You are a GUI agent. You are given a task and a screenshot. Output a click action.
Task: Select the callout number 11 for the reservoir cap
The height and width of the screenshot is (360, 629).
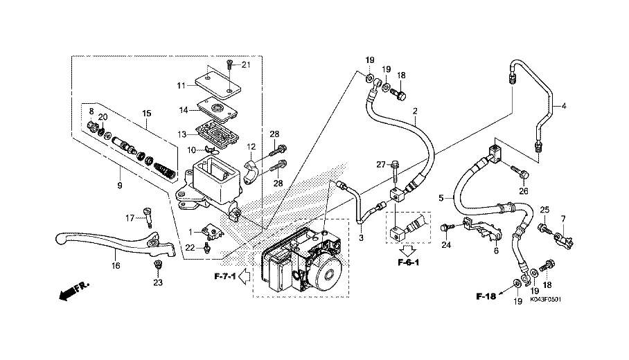point(180,86)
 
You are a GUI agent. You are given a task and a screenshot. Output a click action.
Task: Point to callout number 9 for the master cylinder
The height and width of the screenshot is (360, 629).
point(119,186)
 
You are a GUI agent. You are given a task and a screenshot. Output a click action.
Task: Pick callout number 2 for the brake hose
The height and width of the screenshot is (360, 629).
point(415,111)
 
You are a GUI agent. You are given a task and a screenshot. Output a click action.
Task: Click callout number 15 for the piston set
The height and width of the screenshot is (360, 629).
point(146,113)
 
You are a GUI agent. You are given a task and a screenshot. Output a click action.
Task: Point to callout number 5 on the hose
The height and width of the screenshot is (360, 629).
point(441,197)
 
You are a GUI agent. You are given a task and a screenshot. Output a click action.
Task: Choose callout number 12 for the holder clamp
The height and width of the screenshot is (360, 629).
point(252,146)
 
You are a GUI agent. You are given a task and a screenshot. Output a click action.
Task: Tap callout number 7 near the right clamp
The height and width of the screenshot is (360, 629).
point(563,219)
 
